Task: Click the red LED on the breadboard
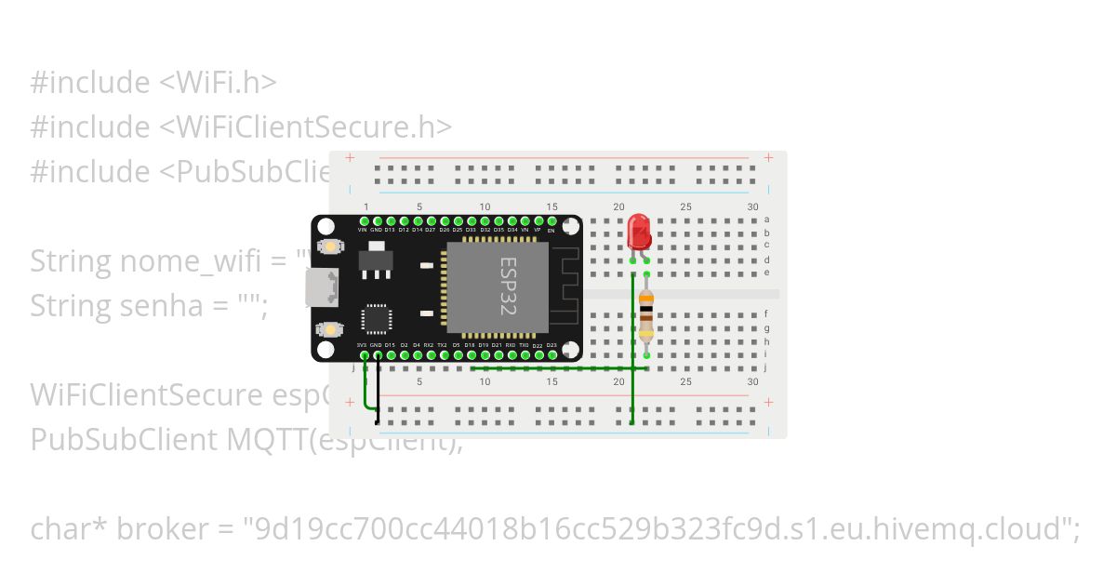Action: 639,231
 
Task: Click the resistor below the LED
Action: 646,316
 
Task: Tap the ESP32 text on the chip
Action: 508,286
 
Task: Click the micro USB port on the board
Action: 323,287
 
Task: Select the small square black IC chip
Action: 377,318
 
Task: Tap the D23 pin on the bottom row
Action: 551,353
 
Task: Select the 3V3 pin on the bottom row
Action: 363,353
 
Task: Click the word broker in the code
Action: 165,529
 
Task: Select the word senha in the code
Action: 163,306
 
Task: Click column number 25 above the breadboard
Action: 685,206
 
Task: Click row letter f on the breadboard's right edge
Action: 766,314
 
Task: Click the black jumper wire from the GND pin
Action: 377,391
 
